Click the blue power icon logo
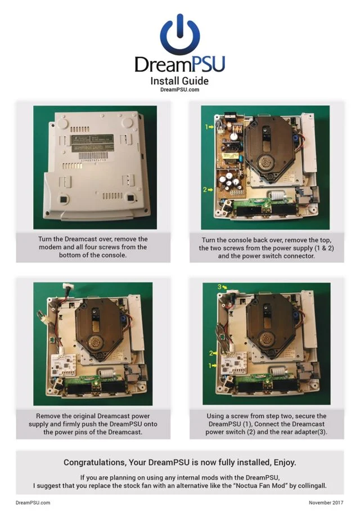(x=180, y=34)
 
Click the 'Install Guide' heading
(x=179, y=81)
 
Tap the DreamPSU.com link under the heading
(x=179, y=89)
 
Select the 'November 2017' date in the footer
(x=326, y=503)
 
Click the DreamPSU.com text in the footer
(x=33, y=503)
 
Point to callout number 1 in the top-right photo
(x=206, y=127)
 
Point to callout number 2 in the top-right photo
(x=205, y=189)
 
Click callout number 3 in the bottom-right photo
(x=219, y=287)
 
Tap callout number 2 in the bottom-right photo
(x=211, y=353)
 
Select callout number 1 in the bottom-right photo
(x=210, y=366)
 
